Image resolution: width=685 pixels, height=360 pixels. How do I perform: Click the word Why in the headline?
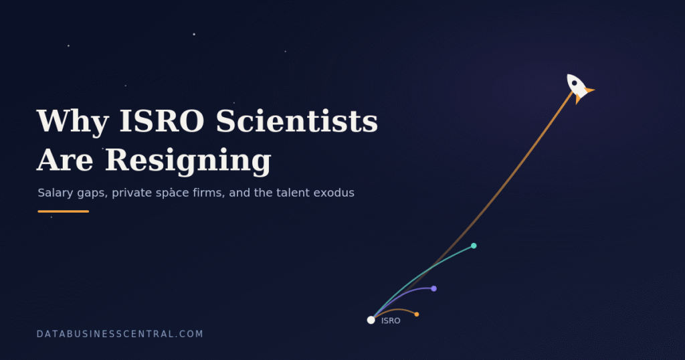[x=72, y=121]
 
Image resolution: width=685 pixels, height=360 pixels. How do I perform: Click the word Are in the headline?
[x=65, y=160]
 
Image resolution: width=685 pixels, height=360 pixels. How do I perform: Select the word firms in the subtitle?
[x=209, y=193]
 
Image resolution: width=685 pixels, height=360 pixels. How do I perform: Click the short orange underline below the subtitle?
[x=64, y=211]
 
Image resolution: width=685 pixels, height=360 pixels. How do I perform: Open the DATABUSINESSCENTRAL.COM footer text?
[x=120, y=334]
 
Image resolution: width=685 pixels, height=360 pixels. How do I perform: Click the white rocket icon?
[x=579, y=88]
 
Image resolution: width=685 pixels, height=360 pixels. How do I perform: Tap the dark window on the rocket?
[x=575, y=83]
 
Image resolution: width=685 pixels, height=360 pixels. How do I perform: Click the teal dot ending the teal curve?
[x=474, y=246]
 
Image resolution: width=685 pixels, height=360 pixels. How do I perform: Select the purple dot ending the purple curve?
[x=433, y=288]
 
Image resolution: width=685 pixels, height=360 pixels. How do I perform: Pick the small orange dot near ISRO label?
[x=417, y=314]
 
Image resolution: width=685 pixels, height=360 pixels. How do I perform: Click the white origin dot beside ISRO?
[x=371, y=321]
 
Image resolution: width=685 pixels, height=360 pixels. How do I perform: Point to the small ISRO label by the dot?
[x=391, y=321]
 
